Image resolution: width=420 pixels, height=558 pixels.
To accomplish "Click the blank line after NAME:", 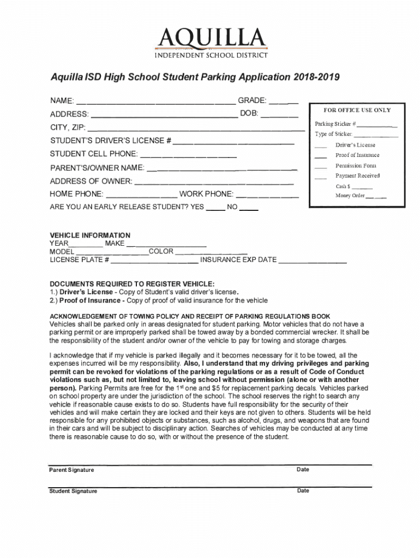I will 155,102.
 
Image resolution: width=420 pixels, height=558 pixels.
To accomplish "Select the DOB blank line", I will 279,116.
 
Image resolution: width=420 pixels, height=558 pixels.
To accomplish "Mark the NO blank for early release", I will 249,209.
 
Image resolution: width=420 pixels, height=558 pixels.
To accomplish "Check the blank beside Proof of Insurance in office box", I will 321,156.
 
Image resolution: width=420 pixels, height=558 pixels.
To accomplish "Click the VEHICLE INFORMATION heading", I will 90,235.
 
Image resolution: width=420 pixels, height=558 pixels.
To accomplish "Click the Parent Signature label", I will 71,470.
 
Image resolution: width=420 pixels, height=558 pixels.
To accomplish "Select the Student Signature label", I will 73,491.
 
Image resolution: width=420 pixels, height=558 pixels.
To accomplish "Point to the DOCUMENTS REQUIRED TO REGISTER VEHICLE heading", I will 132,284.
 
